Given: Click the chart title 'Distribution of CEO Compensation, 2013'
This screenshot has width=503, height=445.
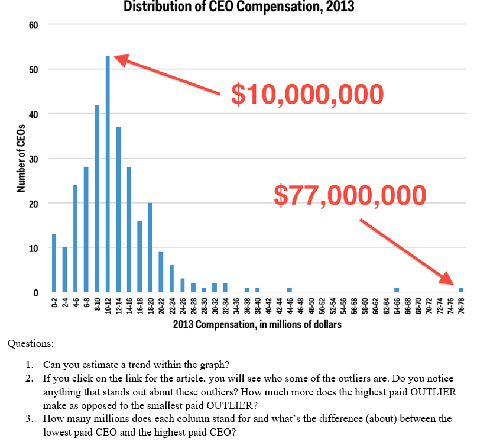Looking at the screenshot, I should (x=239, y=7).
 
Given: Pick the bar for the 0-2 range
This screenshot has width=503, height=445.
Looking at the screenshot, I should (x=54, y=263).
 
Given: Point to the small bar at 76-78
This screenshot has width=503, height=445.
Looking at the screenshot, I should (x=461, y=289).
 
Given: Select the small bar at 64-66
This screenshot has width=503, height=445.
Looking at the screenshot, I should (x=397, y=289).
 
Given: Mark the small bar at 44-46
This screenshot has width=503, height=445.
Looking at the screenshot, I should (x=290, y=289).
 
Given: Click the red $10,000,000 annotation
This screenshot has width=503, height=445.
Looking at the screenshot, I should (x=307, y=94).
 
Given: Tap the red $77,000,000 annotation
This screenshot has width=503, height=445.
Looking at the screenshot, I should (x=350, y=195).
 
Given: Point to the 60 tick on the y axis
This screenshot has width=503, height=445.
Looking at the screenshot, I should (x=33, y=25).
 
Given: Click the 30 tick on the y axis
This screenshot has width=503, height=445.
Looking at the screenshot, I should (x=33, y=159).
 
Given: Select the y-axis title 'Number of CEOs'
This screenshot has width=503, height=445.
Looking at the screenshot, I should (x=21, y=158).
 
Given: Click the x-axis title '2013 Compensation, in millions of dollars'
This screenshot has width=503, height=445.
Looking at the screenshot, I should (x=257, y=324).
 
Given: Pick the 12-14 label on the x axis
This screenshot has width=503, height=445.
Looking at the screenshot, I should (x=118, y=305).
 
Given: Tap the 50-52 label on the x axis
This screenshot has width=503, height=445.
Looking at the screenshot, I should (x=322, y=305).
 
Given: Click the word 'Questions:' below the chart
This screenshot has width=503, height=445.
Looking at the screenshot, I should (x=30, y=343).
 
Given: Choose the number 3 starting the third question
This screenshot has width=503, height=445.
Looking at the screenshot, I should (x=27, y=419).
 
